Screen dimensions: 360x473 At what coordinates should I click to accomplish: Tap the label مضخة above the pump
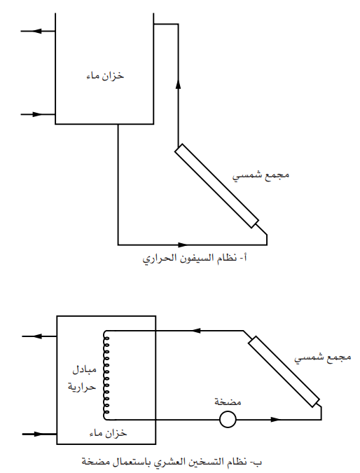pyautogui.click(x=228, y=402)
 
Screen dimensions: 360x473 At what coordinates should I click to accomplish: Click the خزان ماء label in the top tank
pyautogui.click(x=105, y=76)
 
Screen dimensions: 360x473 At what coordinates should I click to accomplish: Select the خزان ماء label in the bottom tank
pyautogui.click(x=109, y=433)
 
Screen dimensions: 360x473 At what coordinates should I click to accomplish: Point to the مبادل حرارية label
pyautogui.click(x=82, y=378)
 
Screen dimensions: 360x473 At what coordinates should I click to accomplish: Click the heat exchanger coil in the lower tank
pyautogui.click(x=106, y=375)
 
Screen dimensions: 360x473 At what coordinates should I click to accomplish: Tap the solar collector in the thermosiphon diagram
pyautogui.click(x=216, y=186)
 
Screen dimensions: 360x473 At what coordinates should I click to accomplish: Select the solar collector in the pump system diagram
pyautogui.click(x=284, y=371)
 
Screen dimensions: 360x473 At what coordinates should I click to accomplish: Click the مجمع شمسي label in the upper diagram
pyautogui.click(x=261, y=175)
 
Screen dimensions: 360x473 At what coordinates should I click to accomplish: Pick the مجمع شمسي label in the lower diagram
pyautogui.click(x=323, y=357)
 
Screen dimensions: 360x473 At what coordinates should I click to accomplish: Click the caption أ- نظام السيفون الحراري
pyautogui.click(x=195, y=259)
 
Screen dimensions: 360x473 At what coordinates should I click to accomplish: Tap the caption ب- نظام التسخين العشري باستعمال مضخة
pyautogui.click(x=172, y=462)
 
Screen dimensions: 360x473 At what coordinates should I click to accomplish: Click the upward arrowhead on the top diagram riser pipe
pyautogui.click(x=178, y=84)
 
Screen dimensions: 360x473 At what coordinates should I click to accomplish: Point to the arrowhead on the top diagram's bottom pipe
pyautogui.click(x=183, y=245)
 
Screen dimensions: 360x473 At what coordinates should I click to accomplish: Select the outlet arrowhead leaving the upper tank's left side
pyautogui.click(x=36, y=31)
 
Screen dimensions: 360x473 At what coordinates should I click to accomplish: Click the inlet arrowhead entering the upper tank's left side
pyautogui.click(x=38, y=114)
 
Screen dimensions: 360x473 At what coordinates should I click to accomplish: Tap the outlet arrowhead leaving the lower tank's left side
pyautogui.click(x=37, y=336)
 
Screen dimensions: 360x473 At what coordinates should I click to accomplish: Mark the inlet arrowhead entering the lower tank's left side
pyautogui.click(x=39, y=434)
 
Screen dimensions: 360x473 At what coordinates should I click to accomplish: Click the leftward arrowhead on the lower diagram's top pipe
pyautogui.click(x=196, y=331)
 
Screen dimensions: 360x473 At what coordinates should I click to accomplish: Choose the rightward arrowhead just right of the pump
pyautogui.click(x=275, y=419)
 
